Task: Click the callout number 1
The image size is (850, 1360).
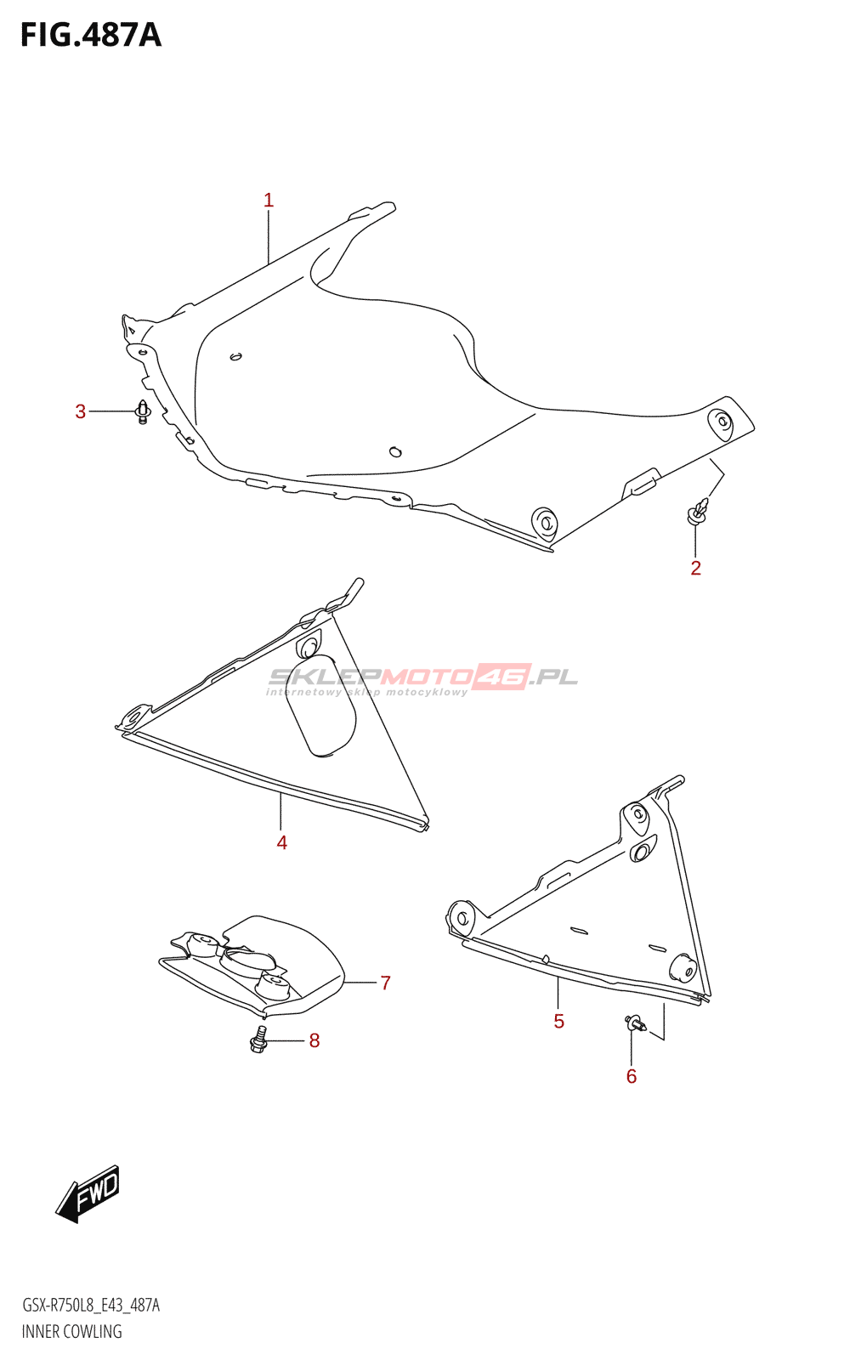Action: [x=269, y=201]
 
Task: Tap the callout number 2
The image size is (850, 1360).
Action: [x=695, y=568]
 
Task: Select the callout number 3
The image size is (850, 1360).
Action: [x=81, y=412]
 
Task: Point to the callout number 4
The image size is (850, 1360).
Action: [x=281, y=842]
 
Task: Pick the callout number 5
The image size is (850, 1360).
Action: [x=558, y=1021]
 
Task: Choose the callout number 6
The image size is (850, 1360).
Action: [x=631, y=1076]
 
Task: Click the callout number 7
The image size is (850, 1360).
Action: [x=385, y=983]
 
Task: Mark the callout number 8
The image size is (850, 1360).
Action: [x=314, y=1040]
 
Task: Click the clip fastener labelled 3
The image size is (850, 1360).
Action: [x=143, y=412]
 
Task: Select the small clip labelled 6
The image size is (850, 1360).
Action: [x=634, y=1023]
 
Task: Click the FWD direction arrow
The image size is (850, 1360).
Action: [x=88, y=1193]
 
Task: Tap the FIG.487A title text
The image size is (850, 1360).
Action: [x=90, y=35]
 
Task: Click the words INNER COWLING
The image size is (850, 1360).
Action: [x=71, y=1332]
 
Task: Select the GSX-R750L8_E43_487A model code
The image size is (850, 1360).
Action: [x=90, y=1306]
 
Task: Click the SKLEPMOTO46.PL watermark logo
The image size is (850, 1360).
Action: [x=423, y=677]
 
